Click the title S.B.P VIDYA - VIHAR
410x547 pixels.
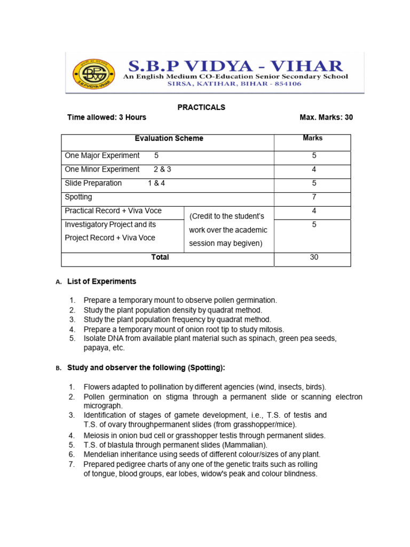[235, 66]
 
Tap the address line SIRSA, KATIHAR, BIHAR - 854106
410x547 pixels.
[235, 84]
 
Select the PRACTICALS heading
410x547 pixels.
[201, 107]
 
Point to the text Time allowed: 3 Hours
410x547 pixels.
[106, 118]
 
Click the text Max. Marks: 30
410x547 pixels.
[326, 118]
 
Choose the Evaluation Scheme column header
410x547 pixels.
[169, 138]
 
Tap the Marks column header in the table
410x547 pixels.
[312, 138]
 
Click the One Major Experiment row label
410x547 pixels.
[102, 155]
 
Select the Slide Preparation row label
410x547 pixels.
[93, 183]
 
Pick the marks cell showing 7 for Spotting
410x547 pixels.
[314, 197]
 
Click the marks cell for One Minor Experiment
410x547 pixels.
[314, 169]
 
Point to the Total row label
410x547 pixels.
[160, 257]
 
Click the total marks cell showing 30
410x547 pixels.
[314, 257]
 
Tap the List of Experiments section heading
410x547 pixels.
[101, 282]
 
